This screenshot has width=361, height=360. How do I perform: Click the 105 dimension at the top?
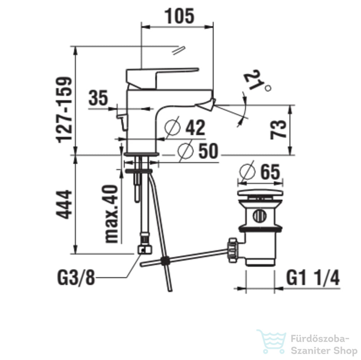point(179,16)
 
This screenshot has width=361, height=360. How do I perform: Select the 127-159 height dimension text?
point(64,110)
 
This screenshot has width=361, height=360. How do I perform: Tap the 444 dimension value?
point(64,204)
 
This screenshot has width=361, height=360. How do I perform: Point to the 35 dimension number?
point(98,98)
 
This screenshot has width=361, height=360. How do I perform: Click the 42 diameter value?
point(195,127)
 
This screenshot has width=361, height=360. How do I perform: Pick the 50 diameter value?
point(208,151)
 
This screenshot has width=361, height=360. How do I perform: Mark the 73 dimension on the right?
point(278,129)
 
